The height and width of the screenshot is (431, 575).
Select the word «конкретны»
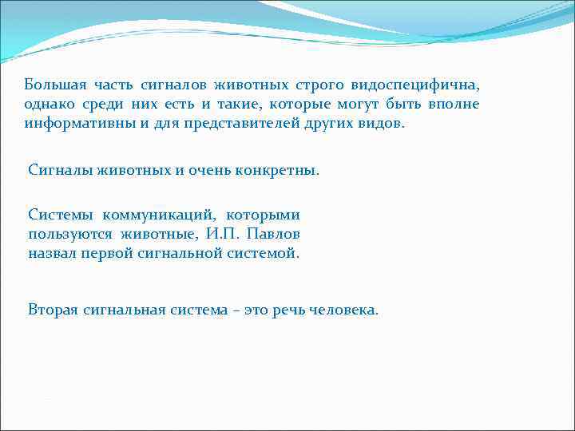click(279, 169)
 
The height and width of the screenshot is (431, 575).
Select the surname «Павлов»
click(273, 234)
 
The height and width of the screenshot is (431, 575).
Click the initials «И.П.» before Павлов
click(220, 234)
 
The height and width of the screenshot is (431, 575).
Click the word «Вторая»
click(53, 309)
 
